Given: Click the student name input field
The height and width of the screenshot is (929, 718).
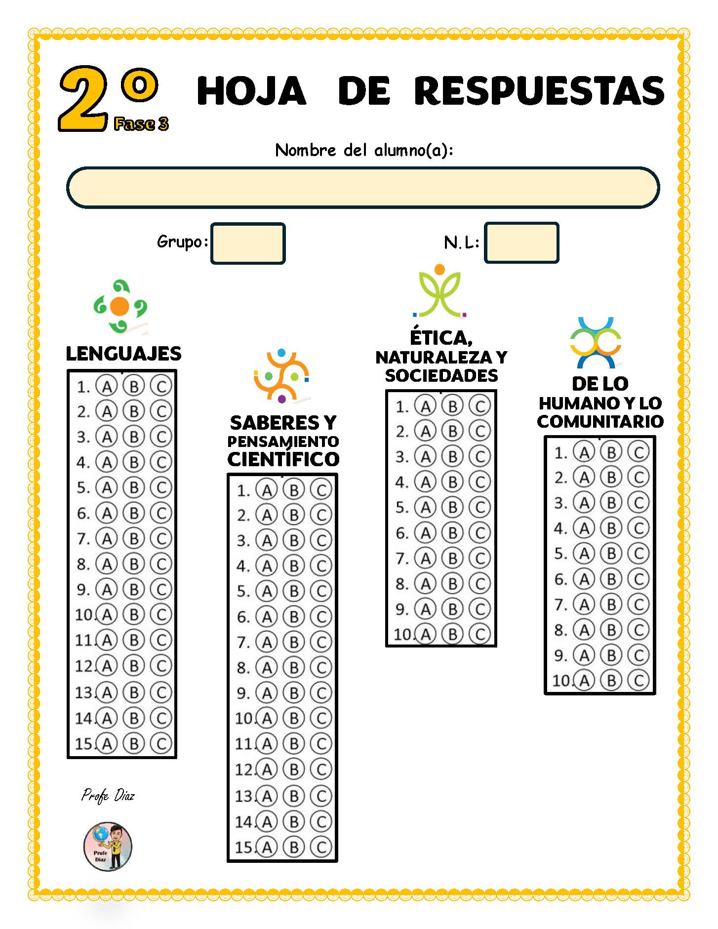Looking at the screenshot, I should [x=363, y=187].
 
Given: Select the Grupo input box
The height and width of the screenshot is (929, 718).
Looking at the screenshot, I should [x=248, y=243].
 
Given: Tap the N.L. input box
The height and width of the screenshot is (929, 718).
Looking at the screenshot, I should [x=521, y=242].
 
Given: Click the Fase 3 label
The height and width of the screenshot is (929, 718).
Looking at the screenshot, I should [x=141, y=124].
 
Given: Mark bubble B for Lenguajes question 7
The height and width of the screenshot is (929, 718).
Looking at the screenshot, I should [x=134, y=538].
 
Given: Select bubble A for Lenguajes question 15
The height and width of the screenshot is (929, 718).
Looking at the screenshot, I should [x=107, y=743].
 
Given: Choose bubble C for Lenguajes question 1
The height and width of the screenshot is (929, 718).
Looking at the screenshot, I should [x=161, y=386].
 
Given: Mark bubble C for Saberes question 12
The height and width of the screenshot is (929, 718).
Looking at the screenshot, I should [x=321, y=769].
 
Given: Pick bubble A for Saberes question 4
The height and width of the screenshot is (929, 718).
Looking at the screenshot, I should [x=267, y=566].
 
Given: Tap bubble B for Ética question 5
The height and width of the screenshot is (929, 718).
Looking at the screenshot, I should [x=452, y=507].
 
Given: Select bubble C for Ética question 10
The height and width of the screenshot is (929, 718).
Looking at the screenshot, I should [x=479, y=634].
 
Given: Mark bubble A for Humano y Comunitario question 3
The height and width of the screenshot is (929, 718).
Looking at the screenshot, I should [x=584, y=503].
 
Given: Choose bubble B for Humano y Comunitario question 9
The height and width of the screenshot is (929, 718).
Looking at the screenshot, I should [x=611, y=655].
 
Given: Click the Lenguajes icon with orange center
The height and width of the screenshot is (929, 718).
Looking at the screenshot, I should [x=120, y=307].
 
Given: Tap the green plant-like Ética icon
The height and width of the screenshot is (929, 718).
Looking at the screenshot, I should [x=439, y=291].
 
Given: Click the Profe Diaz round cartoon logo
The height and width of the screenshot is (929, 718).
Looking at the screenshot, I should [x=108, y=847].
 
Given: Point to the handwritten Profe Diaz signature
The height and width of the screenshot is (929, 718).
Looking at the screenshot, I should [x=108, y=796].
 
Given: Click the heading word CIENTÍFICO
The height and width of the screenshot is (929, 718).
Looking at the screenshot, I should [x=283, y=459].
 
